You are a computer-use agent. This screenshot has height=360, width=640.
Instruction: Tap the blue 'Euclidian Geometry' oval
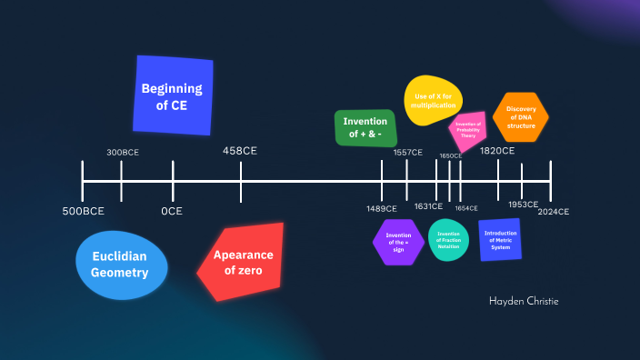[121, 265]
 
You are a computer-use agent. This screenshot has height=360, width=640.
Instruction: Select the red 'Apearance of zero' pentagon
[243, 262]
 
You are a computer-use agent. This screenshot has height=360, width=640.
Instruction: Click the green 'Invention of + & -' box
[365, 128]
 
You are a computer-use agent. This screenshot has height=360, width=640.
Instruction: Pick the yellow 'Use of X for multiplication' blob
[434, 101]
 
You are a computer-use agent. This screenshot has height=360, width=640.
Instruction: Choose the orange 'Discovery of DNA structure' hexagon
[521, 116]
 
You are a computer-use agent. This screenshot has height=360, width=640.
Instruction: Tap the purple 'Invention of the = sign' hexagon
[398, 241]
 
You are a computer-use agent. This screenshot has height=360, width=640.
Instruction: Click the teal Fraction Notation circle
[448, 240]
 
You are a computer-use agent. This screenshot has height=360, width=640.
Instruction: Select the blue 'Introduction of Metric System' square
[500, 239]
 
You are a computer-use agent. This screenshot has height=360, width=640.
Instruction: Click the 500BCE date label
[83, 212]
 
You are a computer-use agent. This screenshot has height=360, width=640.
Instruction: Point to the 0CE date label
[172, 212]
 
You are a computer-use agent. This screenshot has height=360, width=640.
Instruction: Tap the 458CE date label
[240, 150]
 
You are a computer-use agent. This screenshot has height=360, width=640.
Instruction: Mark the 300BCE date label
[123, 152]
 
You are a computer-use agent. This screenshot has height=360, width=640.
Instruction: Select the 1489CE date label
[382, 209]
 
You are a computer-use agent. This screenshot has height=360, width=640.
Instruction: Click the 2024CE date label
[553, 212]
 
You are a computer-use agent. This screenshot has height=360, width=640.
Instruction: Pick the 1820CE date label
[497, 151]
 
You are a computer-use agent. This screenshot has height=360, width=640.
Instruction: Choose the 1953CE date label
[523, 205]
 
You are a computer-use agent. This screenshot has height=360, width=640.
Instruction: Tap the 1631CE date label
[428, 206]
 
